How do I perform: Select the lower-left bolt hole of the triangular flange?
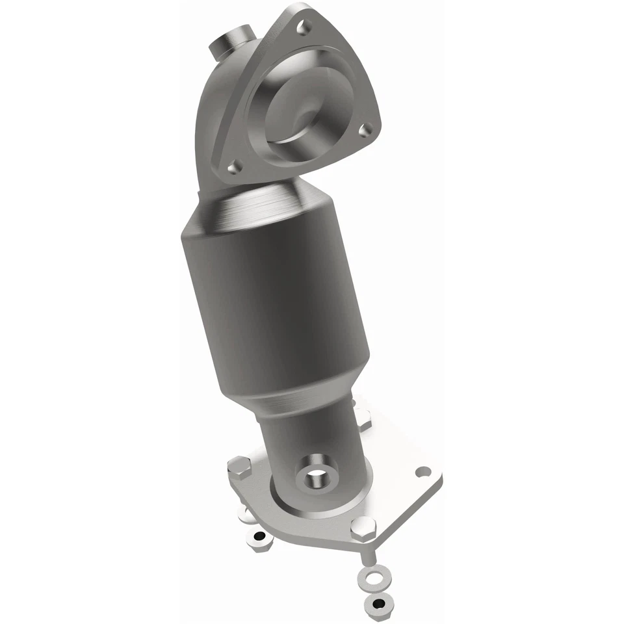(x=235, y=166)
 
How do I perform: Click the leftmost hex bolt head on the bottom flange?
(x=239, y=467)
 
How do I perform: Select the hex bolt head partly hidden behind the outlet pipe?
(x=361, y=416)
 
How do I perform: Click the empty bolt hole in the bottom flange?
(x=424, y=471)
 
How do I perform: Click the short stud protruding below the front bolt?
(x=367, y=552)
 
